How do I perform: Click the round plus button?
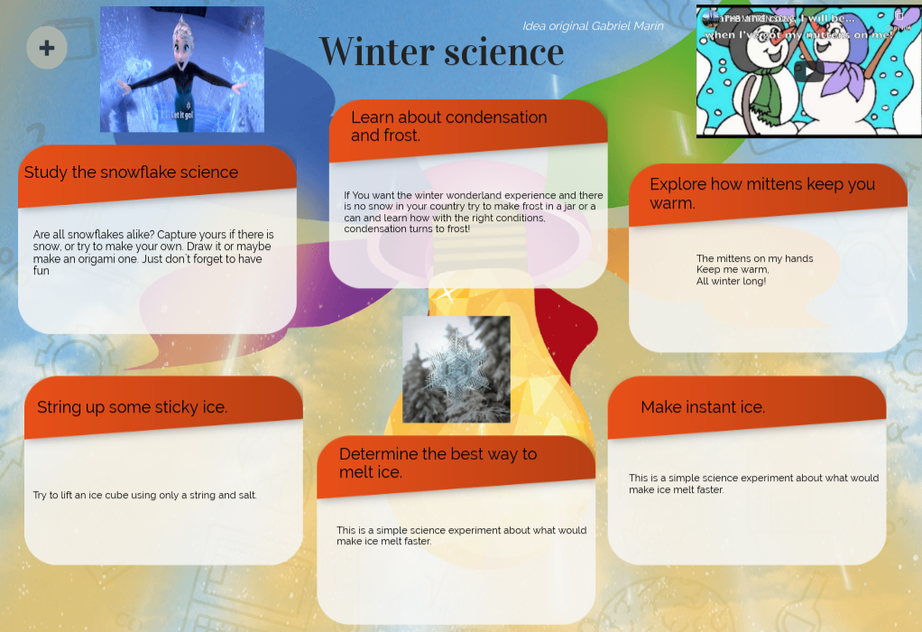(47, 48)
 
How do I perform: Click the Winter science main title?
(441, 51)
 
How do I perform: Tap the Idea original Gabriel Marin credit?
(593, 26)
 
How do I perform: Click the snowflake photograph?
(456, 368)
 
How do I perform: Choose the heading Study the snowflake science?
(131, 172)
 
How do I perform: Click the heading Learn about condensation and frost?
(448, 126)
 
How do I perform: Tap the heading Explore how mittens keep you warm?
(762, 193)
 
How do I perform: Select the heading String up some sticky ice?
(132, 407)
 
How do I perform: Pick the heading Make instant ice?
(703, 407)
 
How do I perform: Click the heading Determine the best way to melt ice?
(438, 463)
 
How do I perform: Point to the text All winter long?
(731, 282)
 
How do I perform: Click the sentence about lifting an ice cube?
(144, 495)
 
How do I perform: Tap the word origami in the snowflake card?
(96, 258)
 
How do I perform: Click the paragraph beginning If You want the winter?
(473, 212)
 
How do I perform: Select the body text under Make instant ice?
(753, 484)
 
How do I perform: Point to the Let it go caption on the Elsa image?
(181, 116)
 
